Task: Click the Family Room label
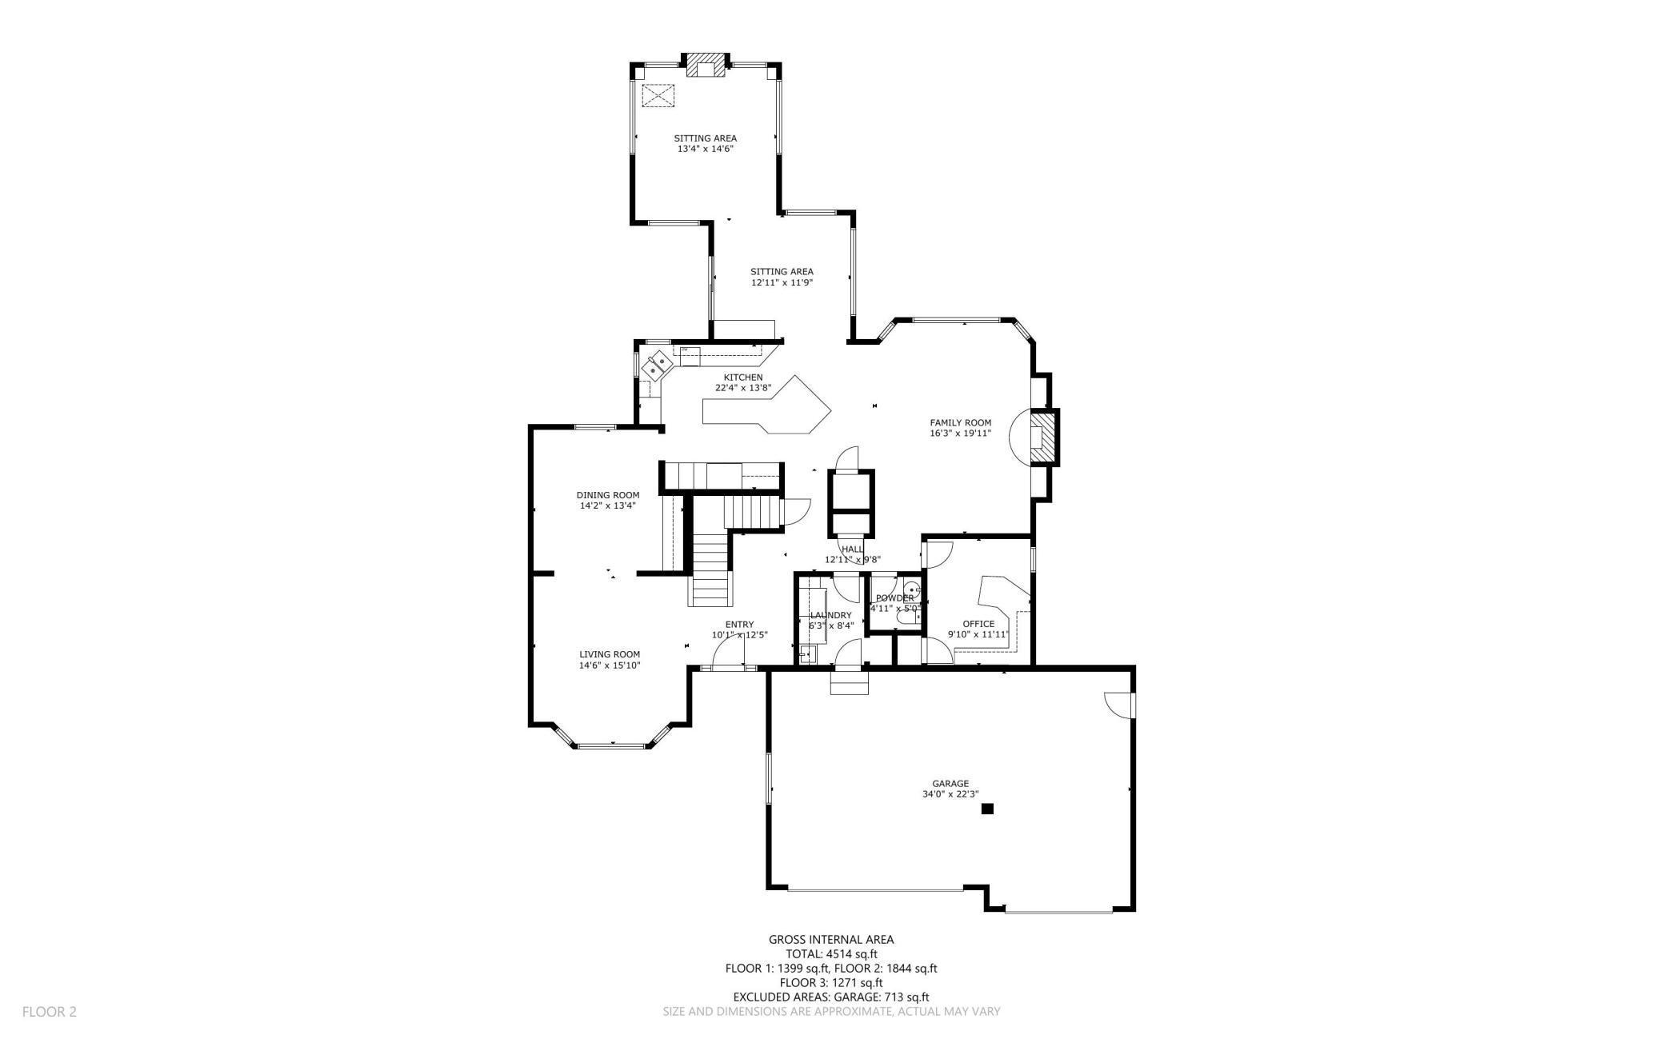pyautogui.click(x=960, y=422)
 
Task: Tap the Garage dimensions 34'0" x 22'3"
pyautogui.click(x=950, y=794)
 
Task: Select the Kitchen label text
pyautogui.click(x=742, y=377)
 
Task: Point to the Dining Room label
pyautogui.click(x=607, y=494)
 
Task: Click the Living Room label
pyautogui.click(x=610, y=653)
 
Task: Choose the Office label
pyautogui.click(x=978, y=624)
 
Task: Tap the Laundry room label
pyautogui.click(x=830, y=615)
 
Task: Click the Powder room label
pyautogui.click(x=894, y=597)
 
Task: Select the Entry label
pyautogui.click(x=739, y=625)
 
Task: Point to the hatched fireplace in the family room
pyautogui.click(x=1042, y=438)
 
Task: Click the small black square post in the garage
pyautogui.click(x=987, y=809)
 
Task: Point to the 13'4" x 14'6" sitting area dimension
pyautogui.click(x=705, y=149)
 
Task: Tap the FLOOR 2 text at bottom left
pyautogui.click(x=49, y=1012)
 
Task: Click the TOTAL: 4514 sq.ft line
pyautogui.click(x=831, y=953)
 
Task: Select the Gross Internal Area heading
pyautogui.click(x=831, y=940)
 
